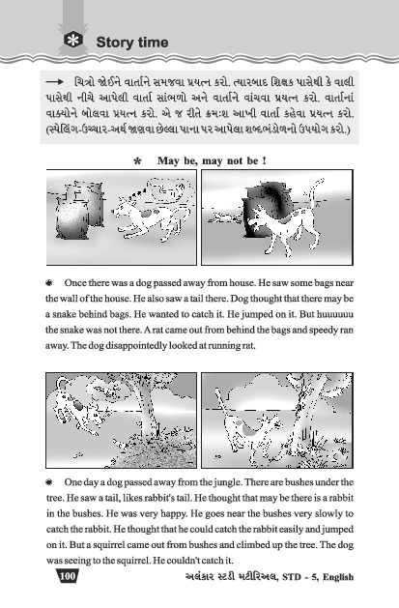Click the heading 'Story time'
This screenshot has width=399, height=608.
(132, 42)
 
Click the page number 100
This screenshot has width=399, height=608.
(68, 576)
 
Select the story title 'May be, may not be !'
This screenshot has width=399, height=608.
(212, 160)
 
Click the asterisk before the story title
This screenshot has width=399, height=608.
(137, 161)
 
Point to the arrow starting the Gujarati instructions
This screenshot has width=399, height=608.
(54, 82)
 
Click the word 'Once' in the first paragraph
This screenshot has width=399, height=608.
(75, 282)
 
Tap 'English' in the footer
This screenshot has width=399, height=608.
(338, 577)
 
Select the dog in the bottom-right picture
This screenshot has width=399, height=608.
(248, 422)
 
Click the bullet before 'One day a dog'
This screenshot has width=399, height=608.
(49, 482)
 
